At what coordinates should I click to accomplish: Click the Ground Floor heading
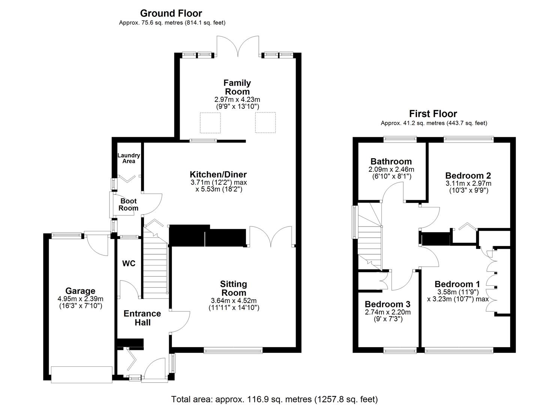tap(171, 13)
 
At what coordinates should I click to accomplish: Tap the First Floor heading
tap(433, 114)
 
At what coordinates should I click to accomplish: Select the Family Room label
tap(237, 87)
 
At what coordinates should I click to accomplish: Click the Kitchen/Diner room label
tap(218, 174)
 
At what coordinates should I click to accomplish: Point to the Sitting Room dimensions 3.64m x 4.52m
tap(234, 300)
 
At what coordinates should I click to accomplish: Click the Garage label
tap(80, 291)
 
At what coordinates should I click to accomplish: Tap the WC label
tap(129, 264)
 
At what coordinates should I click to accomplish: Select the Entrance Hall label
tap(142, 318)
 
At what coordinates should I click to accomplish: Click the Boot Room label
tap(128, 205)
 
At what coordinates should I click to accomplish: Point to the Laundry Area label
tap(129, 158)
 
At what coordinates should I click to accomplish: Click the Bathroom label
tap(391, 162)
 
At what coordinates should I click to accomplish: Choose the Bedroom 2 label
tap(468, 175)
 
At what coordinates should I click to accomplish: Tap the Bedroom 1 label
tap(457, 284)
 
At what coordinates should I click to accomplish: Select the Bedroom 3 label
tap(387, 304)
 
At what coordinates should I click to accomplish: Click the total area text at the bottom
tap(274, 399)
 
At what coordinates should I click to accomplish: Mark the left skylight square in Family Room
tap(210, 122)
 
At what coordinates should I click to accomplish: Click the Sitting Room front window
tap(233, 350)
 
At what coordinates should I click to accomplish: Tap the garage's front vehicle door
tap(82, 375)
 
